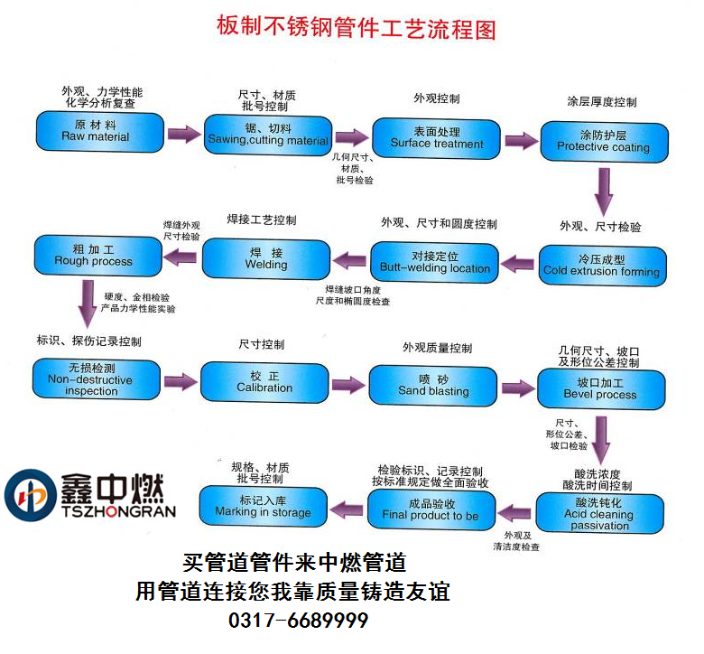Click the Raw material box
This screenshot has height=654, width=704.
[x=96, y=131]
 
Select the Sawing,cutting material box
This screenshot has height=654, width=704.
[x=268, y=135]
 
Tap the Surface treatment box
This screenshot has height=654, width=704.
[x=437, y=137]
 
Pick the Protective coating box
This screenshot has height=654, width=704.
[x=603, y=141]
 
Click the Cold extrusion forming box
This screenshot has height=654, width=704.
[x=601, y=266]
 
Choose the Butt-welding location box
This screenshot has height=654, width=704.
[x=434, y=263]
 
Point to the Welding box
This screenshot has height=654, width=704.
[x=266, y=259]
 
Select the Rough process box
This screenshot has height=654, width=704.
[x=94, y=256]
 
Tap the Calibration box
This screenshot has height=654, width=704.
[x=264, y=382]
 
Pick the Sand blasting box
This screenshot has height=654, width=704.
[x=433, y=386]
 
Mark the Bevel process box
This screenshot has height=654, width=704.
[x=600, y=388]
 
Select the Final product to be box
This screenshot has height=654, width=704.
[x=431, y=509]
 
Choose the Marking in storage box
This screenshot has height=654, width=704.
[x=263, y=506]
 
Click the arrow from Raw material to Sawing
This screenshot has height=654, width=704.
[x=184, y=135]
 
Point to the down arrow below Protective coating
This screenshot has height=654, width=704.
[x=603, y=190]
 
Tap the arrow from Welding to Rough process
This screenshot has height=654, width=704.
[x=181, y=258]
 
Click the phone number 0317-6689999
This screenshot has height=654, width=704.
[x=299, y=622]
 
